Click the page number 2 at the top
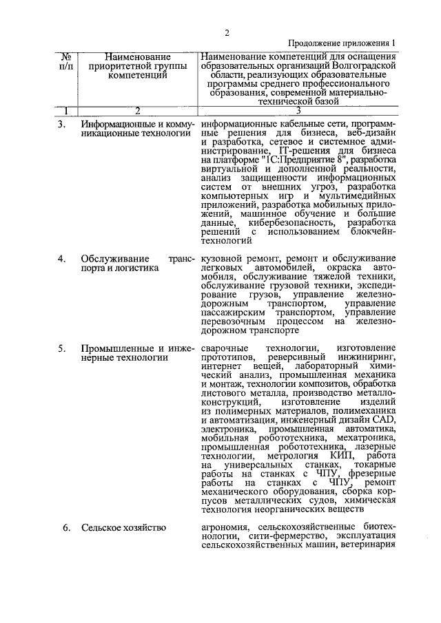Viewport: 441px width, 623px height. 227,32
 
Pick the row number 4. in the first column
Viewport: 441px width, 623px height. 61,258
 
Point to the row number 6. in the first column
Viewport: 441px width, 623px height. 66,528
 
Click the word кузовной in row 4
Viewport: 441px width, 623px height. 222,258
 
